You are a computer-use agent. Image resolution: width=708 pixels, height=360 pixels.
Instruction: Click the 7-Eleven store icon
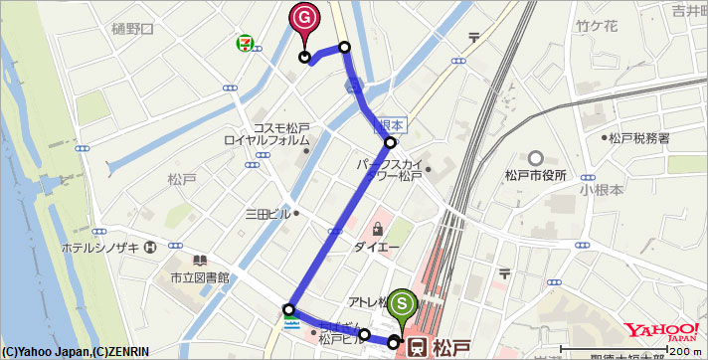pyautogui.click(x=242, y=43)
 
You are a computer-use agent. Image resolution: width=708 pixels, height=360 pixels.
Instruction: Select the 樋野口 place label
pyautogui.click(x=132, y=30)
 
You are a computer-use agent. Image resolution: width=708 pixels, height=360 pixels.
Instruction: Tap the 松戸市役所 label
pyautogui.click(x=536, y=175)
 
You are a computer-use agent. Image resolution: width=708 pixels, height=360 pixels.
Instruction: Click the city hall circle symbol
pyautogui.click(x=536, y=157)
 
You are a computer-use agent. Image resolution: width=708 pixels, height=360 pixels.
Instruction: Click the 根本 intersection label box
pyautogui.click(x=390, y=125)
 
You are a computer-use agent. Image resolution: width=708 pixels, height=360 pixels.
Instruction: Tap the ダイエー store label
pyautogui.click(x=376, y=246)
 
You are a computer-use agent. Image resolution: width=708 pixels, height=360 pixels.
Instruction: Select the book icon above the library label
pyautogui.click(x=185, y=261)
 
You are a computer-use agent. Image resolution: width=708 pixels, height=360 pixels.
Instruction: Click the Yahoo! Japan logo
pyautogui.click(x=661, y=332)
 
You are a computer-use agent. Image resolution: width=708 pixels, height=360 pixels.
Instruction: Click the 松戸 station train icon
pyautogui.click(x=420, y=346)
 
